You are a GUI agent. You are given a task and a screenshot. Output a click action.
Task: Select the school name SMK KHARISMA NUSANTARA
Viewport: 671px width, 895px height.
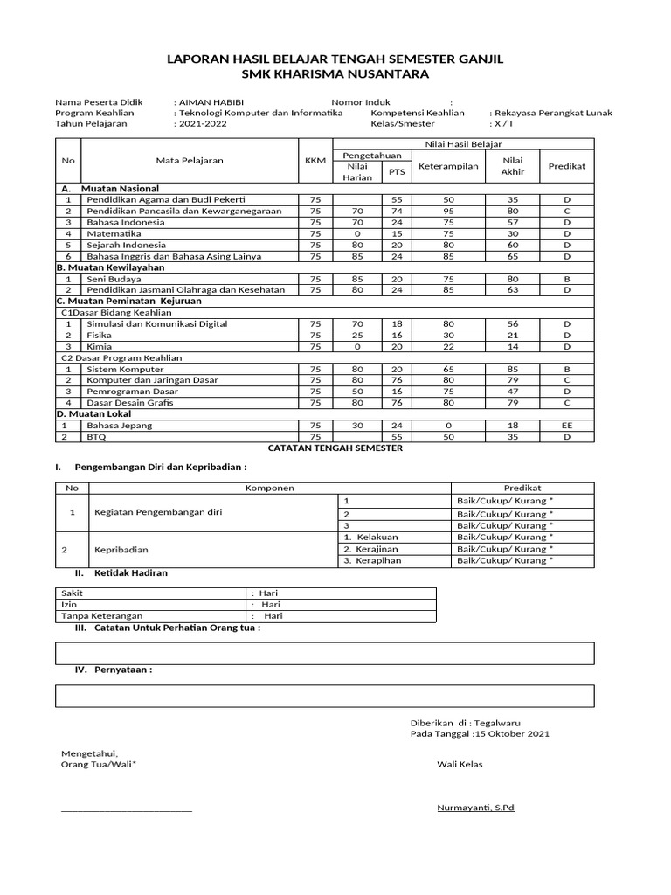point(335,74)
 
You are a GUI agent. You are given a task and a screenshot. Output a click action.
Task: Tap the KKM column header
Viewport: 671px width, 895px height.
point(315,160)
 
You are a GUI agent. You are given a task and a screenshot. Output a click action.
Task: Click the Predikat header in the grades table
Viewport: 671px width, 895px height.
point(567,165)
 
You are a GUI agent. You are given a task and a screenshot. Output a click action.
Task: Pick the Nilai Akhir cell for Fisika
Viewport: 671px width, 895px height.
point(512,335)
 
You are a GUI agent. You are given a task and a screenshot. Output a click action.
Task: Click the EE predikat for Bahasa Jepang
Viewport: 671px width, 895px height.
point(567,425)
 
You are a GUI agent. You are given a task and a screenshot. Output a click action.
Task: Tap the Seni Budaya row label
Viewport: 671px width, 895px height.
point(114,279)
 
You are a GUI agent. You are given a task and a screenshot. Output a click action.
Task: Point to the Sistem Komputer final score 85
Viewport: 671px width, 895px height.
point(512,369)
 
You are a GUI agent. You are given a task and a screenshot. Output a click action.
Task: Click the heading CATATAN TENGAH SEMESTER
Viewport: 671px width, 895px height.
point(335,447)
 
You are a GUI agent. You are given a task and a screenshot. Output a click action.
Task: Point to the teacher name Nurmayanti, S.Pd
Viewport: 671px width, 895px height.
point(475,808)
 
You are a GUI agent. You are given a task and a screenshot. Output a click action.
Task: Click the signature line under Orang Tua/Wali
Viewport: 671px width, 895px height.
point(126,810)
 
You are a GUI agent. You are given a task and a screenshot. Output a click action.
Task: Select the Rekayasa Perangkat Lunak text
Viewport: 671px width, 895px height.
point(552,114)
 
